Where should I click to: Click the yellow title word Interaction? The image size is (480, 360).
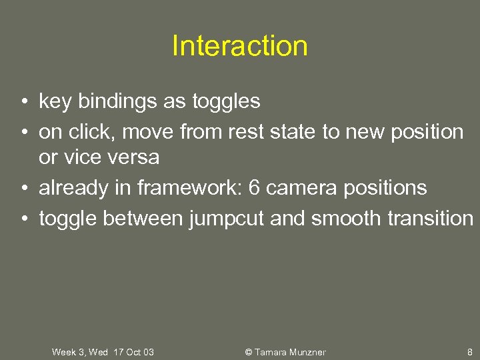tap(240, 46)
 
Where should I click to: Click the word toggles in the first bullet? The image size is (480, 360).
tap(226, 102)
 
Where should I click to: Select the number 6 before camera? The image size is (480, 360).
tap(254, 188)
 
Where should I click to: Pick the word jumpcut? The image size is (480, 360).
tap(226, 218)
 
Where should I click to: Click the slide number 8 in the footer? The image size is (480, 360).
tap(469, 352)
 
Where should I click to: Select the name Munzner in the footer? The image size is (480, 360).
tap(307, 352)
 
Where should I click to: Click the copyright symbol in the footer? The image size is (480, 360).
tap(249, 352)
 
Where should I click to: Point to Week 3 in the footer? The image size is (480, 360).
tap(68, 352)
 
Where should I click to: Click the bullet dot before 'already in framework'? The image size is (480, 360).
tap(23, 189)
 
